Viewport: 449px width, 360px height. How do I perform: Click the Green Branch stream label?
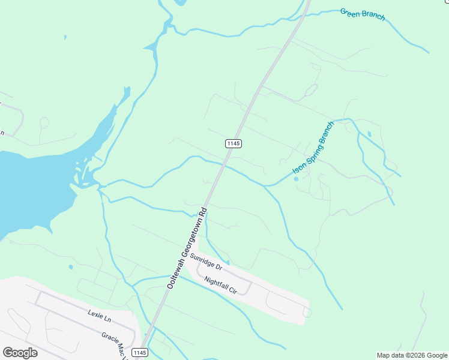click(362, 14)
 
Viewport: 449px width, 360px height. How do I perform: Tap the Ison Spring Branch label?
click(312, 152)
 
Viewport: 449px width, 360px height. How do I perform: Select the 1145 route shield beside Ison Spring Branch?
click(234, 143)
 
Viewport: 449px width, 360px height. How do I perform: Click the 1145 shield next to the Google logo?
click(139, 353)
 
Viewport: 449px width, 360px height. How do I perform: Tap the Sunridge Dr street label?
click(206, 262)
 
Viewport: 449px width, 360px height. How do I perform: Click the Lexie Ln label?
click(99, 313)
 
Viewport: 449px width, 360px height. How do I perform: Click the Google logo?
click(20, 353)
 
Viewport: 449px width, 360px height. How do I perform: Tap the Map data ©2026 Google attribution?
click(412, 355)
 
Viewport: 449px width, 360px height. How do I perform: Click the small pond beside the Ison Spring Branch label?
click(296, 178)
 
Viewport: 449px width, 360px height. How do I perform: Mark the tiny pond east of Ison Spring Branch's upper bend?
click(369, 133)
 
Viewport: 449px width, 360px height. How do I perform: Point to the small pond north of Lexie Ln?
click(71, 267)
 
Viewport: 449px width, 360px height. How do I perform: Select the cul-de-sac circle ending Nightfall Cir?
click(307, 312)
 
